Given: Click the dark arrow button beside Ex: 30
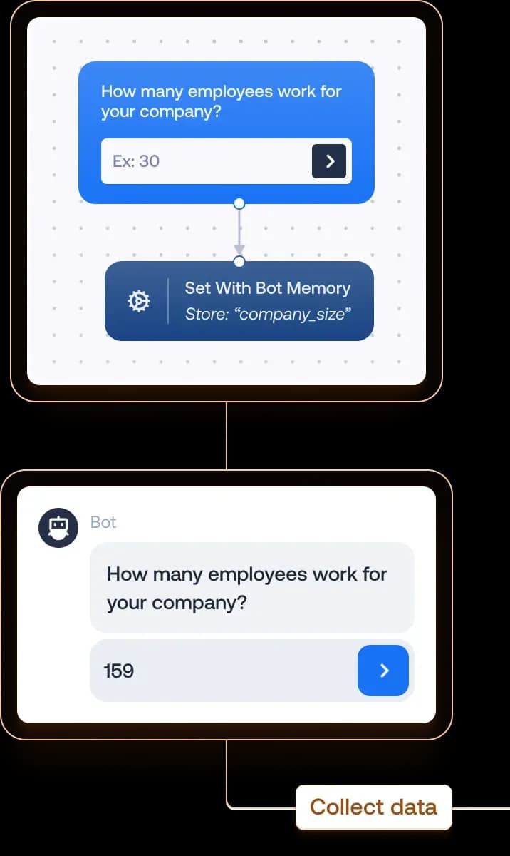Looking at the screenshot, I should click(329, 161).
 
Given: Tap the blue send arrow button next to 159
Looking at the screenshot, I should click(383, 671).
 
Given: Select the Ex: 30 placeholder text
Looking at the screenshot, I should click(136, 161).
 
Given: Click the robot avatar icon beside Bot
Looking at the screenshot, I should click(58, 528).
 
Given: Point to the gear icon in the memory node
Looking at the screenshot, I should click(138, 302).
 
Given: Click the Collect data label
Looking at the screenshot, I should click(373, 807).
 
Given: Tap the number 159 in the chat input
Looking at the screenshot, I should click(118, 671).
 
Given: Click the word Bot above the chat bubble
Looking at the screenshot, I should click(103, 522).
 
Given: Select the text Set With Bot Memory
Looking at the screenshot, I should click(268, 289).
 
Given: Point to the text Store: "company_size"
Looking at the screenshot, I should click(268, 314).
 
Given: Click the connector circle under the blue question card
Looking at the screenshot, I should click(239, 203).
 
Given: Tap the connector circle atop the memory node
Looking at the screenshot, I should click(239, 262).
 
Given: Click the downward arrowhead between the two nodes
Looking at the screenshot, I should click(239, 249).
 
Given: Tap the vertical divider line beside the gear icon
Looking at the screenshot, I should click(168, 301).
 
